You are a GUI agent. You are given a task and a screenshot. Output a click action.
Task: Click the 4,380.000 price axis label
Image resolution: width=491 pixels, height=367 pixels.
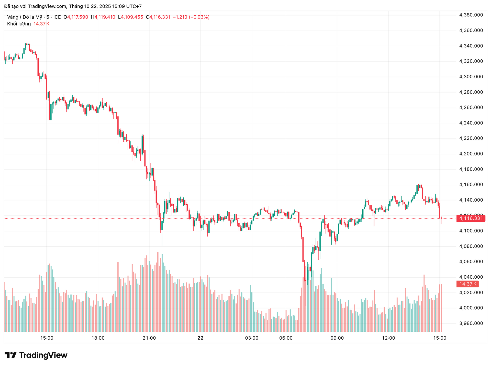pyautogui.click(x=471, y=15)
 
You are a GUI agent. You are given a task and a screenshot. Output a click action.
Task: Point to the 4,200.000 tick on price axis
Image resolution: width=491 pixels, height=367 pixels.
pyautogui.click(x=471, y=154)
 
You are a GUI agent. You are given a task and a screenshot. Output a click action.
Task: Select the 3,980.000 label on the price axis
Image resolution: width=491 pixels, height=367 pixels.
pyautogui.click(x=471, y=323)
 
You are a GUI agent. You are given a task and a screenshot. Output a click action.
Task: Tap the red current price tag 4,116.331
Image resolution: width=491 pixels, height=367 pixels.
pyautogui.click(x=471, y=218)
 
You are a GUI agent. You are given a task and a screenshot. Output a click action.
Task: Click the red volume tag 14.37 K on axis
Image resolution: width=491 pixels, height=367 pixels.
pyautogui.click(x=467, y=284)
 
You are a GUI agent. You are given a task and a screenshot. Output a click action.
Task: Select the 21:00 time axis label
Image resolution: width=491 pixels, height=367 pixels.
pyautogui.click(x=149, y=338)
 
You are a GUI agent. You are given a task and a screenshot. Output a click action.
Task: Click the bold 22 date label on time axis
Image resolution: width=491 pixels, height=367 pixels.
pyautogui.click(x=200, y=338)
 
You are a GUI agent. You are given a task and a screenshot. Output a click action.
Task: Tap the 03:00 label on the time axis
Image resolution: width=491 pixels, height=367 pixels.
pyautogui.click(x=252, y=338)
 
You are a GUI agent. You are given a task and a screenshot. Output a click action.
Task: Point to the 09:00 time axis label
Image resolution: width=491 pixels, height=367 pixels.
pyautogui.click(x=337, y=338)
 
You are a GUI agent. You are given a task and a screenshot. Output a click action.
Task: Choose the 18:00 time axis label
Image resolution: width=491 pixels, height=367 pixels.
pyautogui.click(x=98, y=338)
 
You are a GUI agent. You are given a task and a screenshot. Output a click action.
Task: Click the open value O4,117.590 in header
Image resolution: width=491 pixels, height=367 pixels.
pyautogui.click(x=76, y=17)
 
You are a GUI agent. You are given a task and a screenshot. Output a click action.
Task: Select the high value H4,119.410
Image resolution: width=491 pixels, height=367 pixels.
pyautogui.click(x=103, y=17)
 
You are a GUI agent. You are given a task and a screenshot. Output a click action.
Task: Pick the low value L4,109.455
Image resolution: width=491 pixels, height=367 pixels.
pyautogui.click(x=130, y=17)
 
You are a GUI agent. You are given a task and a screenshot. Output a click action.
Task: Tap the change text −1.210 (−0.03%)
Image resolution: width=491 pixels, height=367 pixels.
pyautogui.click(x=191, y=17)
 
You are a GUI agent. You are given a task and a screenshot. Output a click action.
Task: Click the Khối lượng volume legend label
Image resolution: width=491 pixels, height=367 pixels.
pyautogui.click(x=19, y=24)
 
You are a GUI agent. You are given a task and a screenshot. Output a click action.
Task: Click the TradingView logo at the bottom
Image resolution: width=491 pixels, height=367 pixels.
pyautogui.click(x=36, y=355)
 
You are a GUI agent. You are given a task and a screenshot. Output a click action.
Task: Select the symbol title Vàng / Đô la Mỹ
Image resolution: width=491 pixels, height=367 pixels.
pyautogui.click(x=25, y=17)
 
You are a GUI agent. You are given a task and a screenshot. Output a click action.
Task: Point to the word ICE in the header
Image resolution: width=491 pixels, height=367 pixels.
pyautogui.click(x=57, y=17)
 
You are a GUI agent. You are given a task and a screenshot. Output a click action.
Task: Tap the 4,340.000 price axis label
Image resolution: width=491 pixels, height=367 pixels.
pyautogui.click(x=471, y=46)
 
